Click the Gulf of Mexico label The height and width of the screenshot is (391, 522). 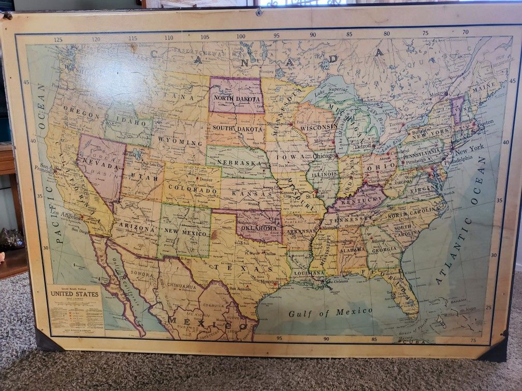tap(330, 312)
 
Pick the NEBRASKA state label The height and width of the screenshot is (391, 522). tap(239, 163)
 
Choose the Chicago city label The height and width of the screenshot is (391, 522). tap(324, 156)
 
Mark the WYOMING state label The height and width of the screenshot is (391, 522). tap(175, 140)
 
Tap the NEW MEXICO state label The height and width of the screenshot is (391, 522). tap(184, 232)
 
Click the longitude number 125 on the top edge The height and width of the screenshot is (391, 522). tap(58, 39)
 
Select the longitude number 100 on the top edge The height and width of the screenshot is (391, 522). tap(240, 37)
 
